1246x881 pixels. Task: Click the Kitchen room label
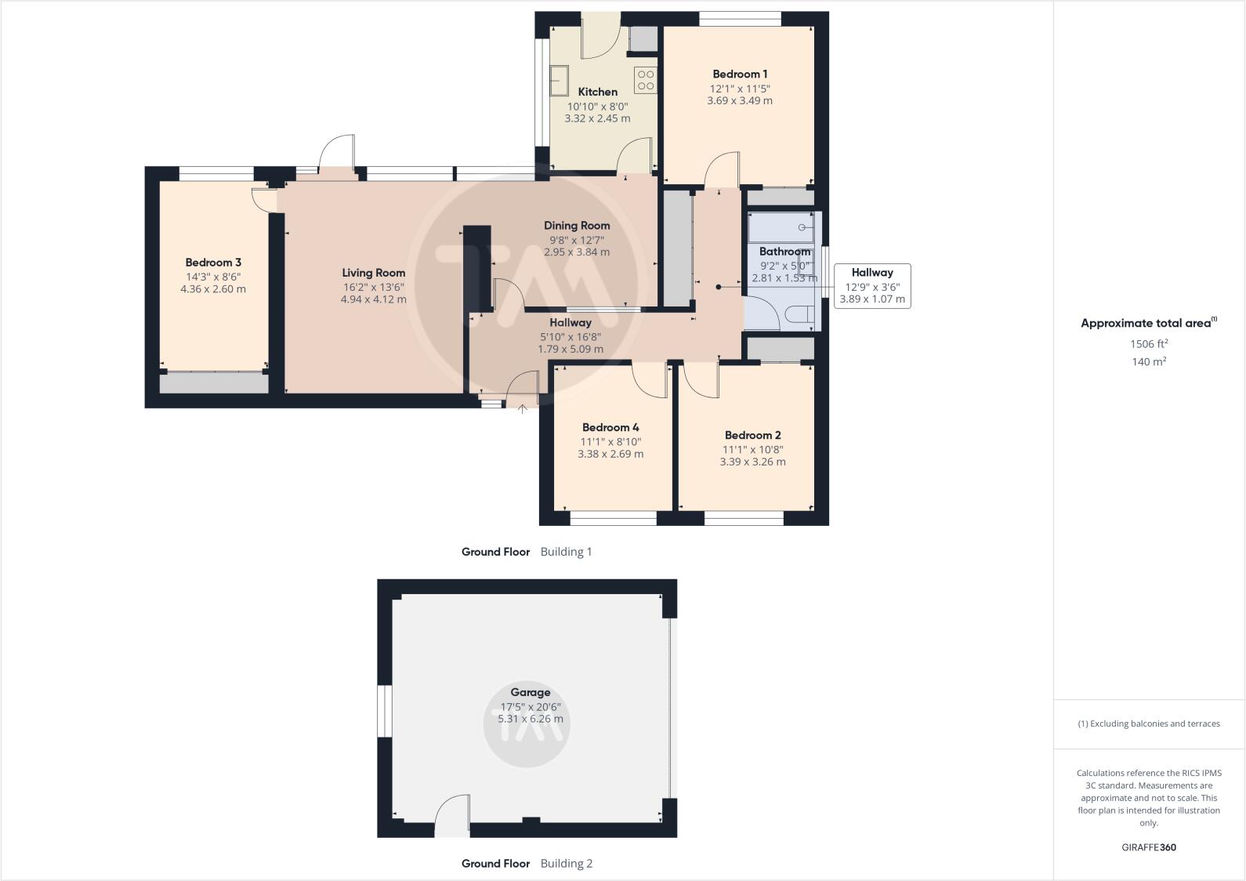[x=597, y=92]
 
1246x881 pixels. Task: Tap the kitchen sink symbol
[x=560, y=80]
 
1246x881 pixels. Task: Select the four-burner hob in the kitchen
[x=646, y=80]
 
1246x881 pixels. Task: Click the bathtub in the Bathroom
[x=781, y=228]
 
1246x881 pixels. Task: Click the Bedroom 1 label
[x=739, y=74]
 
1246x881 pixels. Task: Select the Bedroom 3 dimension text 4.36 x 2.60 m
[x=213, y=289]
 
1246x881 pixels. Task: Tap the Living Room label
[x=373, y=273]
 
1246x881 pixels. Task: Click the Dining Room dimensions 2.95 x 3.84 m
[x=577, y=252]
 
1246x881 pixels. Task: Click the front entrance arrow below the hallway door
[x=523, y=408]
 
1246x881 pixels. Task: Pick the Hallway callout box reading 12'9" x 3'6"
[x=871, y=285]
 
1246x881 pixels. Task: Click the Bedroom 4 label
[x=610, y=427]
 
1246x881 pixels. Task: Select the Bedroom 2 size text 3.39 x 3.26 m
[x=752, y=462]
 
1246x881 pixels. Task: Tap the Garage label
[x=530, y=692]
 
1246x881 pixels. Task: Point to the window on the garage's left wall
[x=384, y=711]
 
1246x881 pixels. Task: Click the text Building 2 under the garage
[x=566, y=864]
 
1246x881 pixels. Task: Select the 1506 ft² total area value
[x=1148, y=343]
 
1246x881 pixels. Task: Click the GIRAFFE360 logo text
[x=1148, y=847]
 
